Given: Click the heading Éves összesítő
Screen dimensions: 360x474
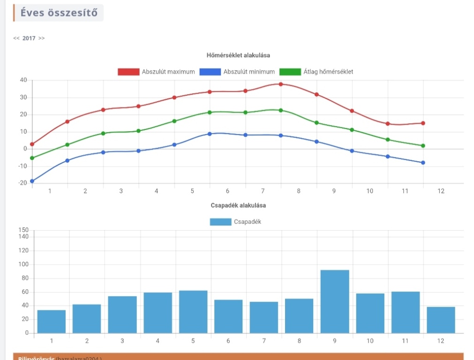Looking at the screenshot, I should pos(59,13).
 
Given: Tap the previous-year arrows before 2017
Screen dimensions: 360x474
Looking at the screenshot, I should pos(16,38).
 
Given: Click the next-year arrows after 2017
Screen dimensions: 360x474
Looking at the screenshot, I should pos(42,38).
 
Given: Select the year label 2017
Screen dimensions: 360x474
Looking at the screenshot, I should pos(29,38).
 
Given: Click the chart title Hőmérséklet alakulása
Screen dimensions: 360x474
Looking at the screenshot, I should pos(238,55).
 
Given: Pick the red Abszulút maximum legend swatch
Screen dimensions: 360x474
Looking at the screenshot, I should pos(128,72).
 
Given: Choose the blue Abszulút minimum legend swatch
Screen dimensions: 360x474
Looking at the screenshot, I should pos(210,72).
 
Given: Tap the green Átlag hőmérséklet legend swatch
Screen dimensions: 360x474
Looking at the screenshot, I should pos(290,72).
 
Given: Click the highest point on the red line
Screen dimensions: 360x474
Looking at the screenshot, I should pos(281,84).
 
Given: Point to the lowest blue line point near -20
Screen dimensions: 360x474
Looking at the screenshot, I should pos(32,181).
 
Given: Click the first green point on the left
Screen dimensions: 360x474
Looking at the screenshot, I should pos(32,158).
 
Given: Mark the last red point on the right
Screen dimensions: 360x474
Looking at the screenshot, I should pos(423,123).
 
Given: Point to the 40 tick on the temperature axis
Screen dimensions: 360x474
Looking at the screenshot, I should pos(23,80).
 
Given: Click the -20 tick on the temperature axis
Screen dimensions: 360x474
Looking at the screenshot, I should pos(22,183).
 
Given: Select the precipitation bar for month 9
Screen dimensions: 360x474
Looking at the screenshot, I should pos(335,301).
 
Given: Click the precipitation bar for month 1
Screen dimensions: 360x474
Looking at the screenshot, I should pos(52,322).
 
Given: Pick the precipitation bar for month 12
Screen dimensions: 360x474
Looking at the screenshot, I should pos(441,320).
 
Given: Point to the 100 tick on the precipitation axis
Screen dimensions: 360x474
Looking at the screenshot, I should pos(23,264).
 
